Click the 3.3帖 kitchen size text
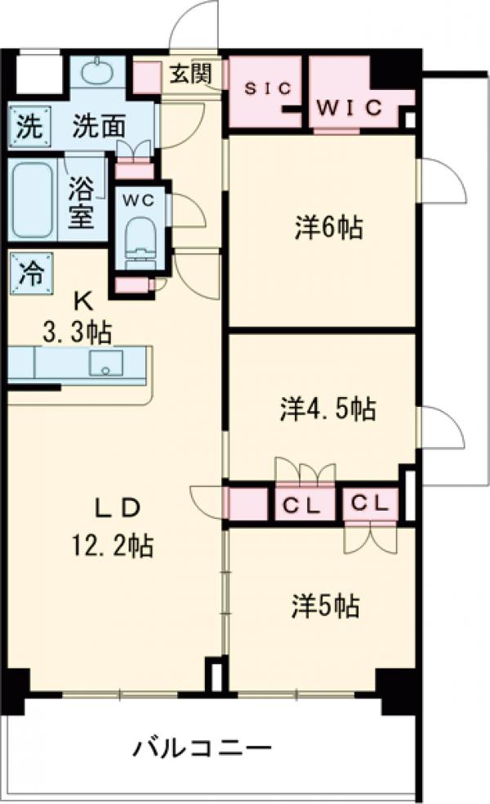78,332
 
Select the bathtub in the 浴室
33,199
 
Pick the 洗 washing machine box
28,127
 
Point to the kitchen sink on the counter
104,364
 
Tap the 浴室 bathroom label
81,202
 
